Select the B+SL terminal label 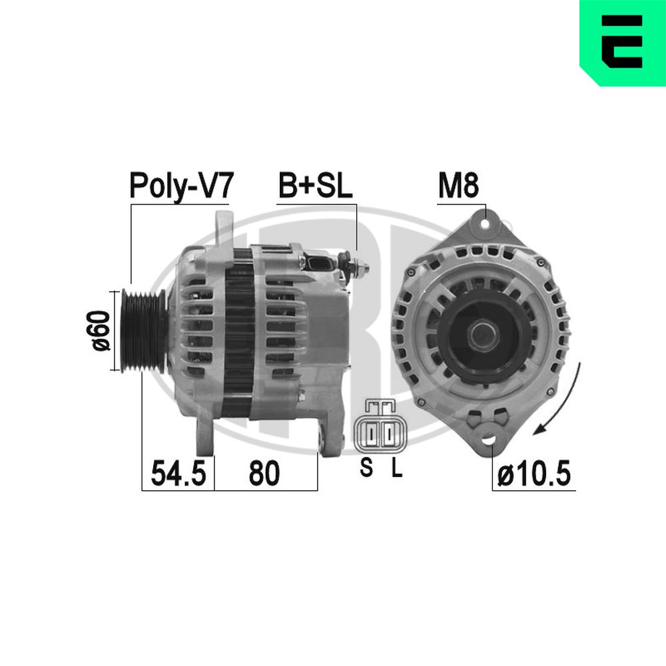tap(314, 186)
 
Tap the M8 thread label tap(458, 186)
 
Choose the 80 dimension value tap(264, 473)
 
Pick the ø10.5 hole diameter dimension tap(533, 474)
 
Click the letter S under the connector tap(366, 469)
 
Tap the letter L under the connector tap(396, 469)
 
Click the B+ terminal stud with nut tap(356, 266)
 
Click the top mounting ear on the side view tap(222, 226)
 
